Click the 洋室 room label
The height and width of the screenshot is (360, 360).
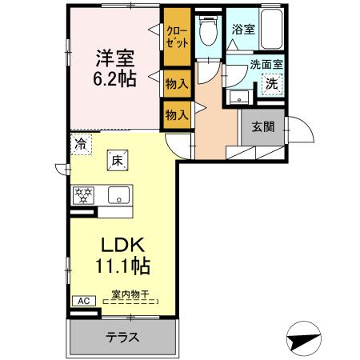point(115,58)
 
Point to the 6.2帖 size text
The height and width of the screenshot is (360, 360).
point(115,80)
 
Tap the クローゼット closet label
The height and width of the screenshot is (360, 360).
point(177,38)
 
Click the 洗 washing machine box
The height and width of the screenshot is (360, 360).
point(272,83)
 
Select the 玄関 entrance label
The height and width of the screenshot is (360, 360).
point(263,126)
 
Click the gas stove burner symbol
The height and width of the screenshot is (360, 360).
point(83,194)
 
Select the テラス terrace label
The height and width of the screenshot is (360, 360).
point(123,337)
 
